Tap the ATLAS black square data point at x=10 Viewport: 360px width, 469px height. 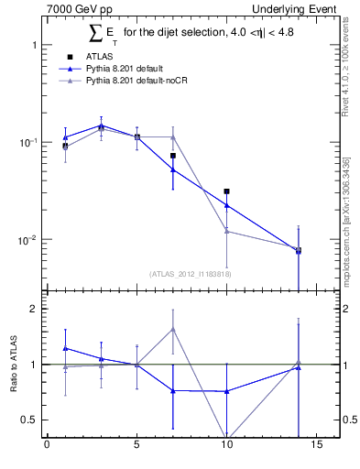[226, 191]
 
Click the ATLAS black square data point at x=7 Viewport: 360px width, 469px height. [172, 156]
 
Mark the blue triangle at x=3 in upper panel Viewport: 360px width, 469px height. [101, 125]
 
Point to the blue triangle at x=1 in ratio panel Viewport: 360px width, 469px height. [65, 348]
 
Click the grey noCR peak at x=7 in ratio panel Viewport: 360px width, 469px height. [172, 328]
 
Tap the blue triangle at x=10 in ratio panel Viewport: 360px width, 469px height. [226, 391]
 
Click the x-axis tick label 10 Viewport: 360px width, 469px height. [226, 448]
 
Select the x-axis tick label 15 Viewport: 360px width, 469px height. [316, 448]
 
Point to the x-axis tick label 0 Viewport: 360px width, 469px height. [47, 448]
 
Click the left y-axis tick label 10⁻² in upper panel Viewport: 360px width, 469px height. [27, 240]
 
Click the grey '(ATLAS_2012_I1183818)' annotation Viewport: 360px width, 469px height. [190, 273]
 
